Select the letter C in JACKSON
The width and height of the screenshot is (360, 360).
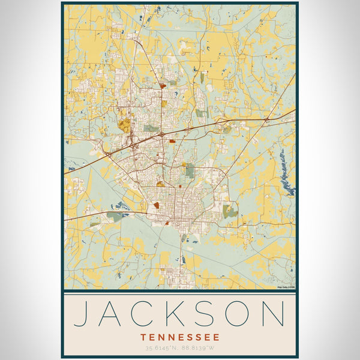(150, 314)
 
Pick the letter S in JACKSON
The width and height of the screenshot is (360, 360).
(212, 314)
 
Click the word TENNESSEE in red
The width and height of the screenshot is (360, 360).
(180, 337)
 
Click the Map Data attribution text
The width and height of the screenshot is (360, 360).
(286, 287)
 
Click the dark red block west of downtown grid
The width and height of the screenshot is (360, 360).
(157, 205)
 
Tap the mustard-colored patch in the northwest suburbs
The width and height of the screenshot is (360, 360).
(124, 125)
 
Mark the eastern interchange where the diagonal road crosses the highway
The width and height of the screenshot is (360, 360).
(266, 120)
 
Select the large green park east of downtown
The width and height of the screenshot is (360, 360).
(230, 211)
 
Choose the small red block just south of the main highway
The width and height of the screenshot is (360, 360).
(172, 142)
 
